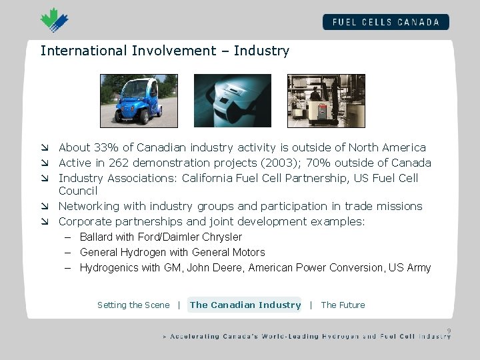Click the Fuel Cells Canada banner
385,21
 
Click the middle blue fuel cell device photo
232,100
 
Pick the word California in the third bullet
214,178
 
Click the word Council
78,191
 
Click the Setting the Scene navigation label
133,305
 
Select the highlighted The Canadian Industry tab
245,305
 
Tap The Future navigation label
343,305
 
